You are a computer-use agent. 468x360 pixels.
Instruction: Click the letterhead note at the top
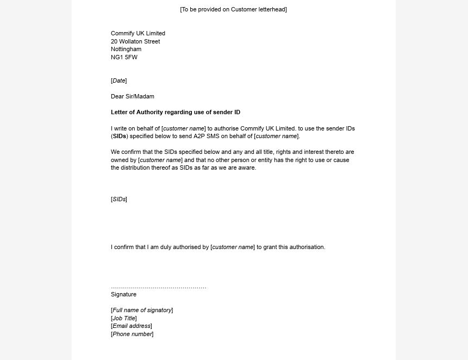[233, 9]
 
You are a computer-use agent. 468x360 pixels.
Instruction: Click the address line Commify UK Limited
[138, 33]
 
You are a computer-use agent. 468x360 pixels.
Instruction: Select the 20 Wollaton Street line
[135, 41]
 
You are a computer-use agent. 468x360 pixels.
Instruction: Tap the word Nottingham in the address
[126, 49]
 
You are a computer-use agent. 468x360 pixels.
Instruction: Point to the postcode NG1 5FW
[124, 57]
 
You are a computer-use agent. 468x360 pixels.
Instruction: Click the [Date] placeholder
[118, 80]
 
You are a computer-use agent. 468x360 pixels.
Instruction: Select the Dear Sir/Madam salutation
[133, 96]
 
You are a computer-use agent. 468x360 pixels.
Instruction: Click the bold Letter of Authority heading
[176, 112]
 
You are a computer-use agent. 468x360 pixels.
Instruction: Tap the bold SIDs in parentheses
[120, 136]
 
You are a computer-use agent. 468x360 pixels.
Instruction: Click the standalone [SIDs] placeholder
[118, 199]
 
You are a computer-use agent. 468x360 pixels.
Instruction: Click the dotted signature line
[158, 287]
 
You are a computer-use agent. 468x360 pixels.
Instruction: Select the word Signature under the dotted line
[123, 294]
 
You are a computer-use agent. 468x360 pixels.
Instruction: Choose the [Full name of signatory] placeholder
[142, 310]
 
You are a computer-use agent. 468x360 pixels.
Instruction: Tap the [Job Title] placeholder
[124, 318]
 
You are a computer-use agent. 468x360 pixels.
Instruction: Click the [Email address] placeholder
[132, 326]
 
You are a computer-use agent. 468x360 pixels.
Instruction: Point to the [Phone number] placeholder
[132, 334]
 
